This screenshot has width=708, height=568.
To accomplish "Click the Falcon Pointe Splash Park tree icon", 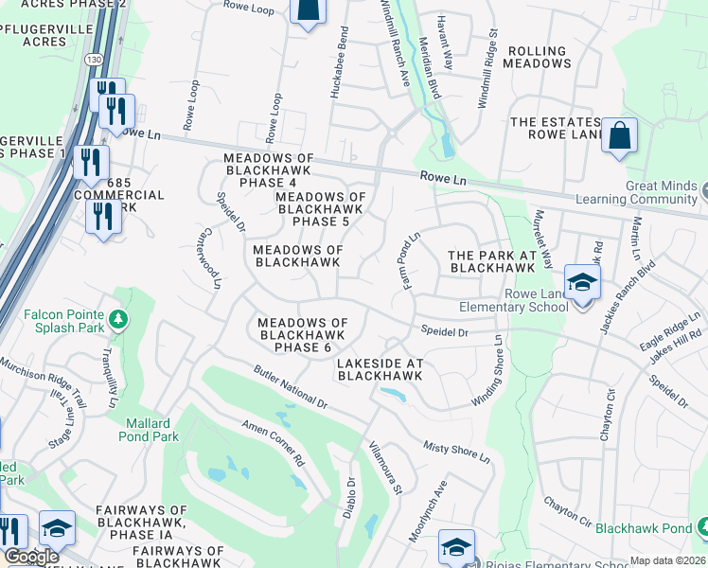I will [x=117, y=317].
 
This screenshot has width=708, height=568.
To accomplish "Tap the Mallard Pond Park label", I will [x=145, y=430].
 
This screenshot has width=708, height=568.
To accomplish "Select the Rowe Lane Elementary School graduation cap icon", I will [x=581, y=282].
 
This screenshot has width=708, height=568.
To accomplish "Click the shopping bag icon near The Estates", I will [x=620, y=134].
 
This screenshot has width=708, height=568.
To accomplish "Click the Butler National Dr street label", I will [x=290, y=388].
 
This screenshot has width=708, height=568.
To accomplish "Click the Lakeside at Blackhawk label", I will [x=380, y=369].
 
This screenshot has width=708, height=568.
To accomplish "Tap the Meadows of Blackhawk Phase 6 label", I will [x=303, y=335].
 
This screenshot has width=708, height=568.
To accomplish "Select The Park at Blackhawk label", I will [x=491, y=261].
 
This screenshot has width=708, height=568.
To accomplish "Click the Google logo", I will [x=31, y=557].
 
